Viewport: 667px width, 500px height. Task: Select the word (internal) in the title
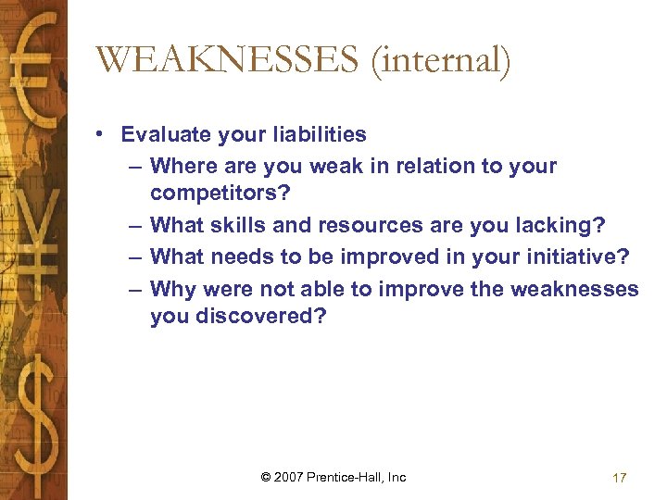[x=442, y=61]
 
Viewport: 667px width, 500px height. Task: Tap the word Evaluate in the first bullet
[x=164, y=134]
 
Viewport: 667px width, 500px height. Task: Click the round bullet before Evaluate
[x=99, y=135]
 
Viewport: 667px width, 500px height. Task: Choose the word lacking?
[x=562, y=224]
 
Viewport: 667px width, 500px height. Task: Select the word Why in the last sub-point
[x=172, y=289]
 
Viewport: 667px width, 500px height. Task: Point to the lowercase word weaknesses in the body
[x=573, y=289]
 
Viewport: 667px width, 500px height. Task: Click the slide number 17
[x=620, y=478]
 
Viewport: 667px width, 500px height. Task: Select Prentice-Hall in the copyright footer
[x=349, y=477]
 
